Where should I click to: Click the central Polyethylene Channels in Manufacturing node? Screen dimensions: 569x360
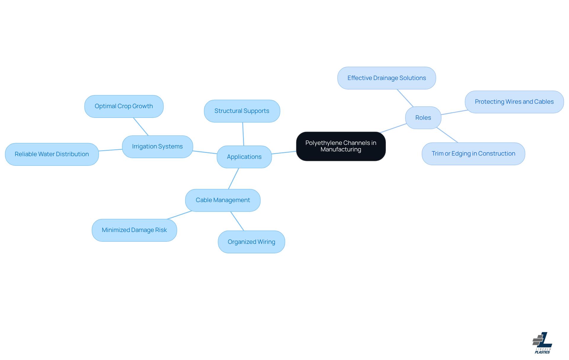tap(341, 146)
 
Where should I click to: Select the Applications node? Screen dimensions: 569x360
tap(244, 157)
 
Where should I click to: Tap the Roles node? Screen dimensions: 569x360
tap(423, 118)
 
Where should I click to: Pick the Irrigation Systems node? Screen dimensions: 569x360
tap(157, 147)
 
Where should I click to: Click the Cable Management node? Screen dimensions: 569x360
tap(223, 200)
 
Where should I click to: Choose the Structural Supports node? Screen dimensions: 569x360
tap(242, 111)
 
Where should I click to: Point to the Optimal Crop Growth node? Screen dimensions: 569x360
tap(124, 106)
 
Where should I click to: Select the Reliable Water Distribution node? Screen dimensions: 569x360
tap(52, 154)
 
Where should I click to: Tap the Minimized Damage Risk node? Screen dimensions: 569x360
tap(134, 230)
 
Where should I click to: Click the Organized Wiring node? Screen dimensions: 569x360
tap(251, 242)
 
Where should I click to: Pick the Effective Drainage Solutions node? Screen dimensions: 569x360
tap(387, 78)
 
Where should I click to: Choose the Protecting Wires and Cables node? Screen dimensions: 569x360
tap(514, 102)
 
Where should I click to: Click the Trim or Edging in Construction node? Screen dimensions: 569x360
tap(473, 154)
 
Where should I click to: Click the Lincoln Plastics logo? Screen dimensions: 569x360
tap(542, 343)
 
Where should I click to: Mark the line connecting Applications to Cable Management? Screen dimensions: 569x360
tap(234, 179)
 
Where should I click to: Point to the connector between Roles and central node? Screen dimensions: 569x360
tap(393, 128)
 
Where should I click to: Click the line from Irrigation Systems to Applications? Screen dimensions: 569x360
tap(205, 152)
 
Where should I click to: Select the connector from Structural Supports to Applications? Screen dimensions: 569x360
tap(243, 134)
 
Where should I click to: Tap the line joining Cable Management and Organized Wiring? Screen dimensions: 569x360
tap(237, 221)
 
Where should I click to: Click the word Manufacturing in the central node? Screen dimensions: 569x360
tap(341, 150)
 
